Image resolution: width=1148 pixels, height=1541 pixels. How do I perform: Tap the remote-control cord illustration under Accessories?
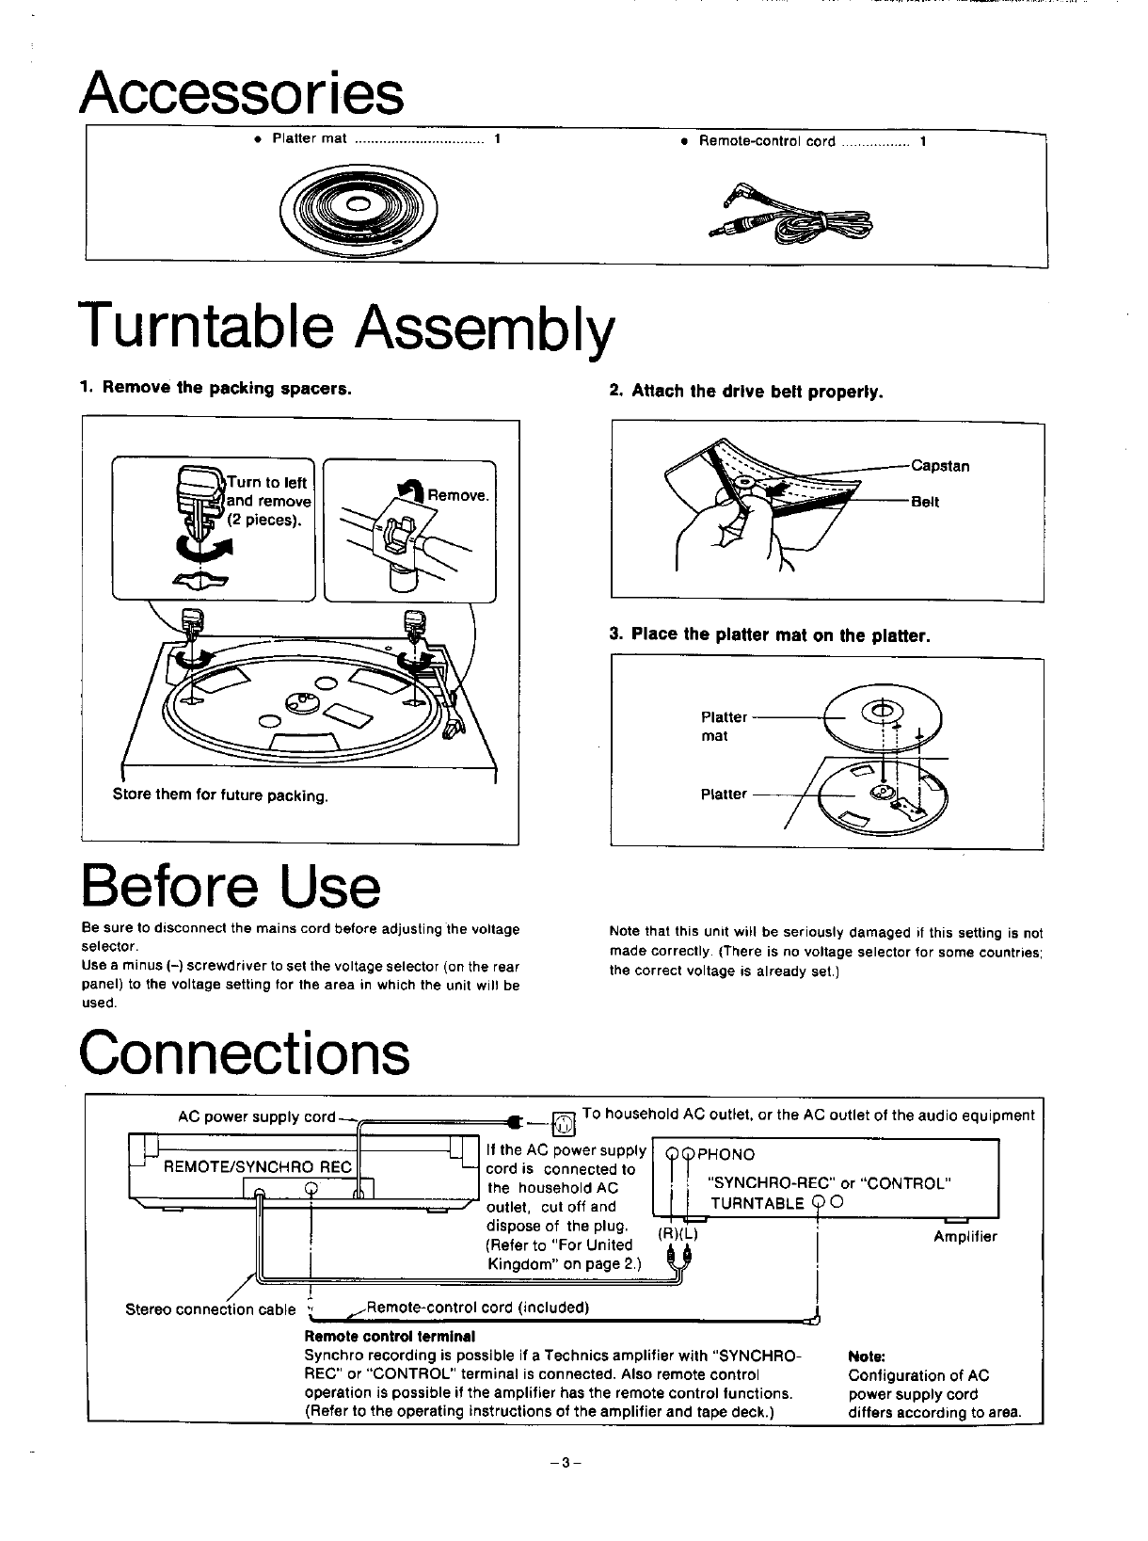(x=795, y=216)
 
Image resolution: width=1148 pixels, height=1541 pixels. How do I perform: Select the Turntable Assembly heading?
(x=348, y=326)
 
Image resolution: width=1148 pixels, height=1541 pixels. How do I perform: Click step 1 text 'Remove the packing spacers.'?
(x=216, y=389)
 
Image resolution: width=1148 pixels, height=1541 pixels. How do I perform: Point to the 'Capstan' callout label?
(x=940, y=466)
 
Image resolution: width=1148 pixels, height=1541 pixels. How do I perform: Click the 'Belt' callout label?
(x=925, y=503)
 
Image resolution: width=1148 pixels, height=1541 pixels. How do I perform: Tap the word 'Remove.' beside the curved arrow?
(x=458, y=495)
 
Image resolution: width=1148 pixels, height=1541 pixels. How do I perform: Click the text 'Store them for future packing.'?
(x=220, y=795)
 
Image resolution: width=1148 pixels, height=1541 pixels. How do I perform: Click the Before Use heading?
(x=231, y=887)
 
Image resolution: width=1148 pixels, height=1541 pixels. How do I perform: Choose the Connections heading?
(x=246, y=1053)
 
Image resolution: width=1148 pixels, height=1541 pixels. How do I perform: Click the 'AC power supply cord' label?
(x=256, y=1117)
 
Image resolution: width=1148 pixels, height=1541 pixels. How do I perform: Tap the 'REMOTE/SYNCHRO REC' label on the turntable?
(x=258, y=1167)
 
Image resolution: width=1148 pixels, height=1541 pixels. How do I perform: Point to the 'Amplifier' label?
(x=965, y=1237)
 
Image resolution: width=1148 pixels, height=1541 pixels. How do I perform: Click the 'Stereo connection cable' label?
(x=211, y=1309)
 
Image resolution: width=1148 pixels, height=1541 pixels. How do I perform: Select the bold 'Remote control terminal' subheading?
(x=390, y=1337)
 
